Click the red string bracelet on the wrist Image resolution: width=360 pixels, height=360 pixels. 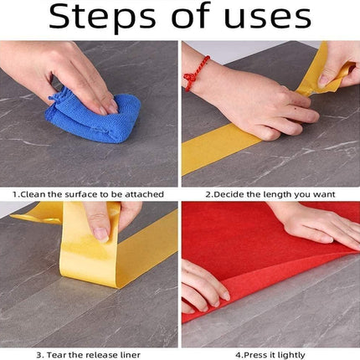pos(193,74)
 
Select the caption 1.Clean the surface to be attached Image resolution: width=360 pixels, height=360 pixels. pos(90,193)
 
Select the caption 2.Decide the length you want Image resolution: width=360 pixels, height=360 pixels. pos(270,193)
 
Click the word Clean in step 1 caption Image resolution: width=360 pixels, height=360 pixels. pos(35,193)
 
